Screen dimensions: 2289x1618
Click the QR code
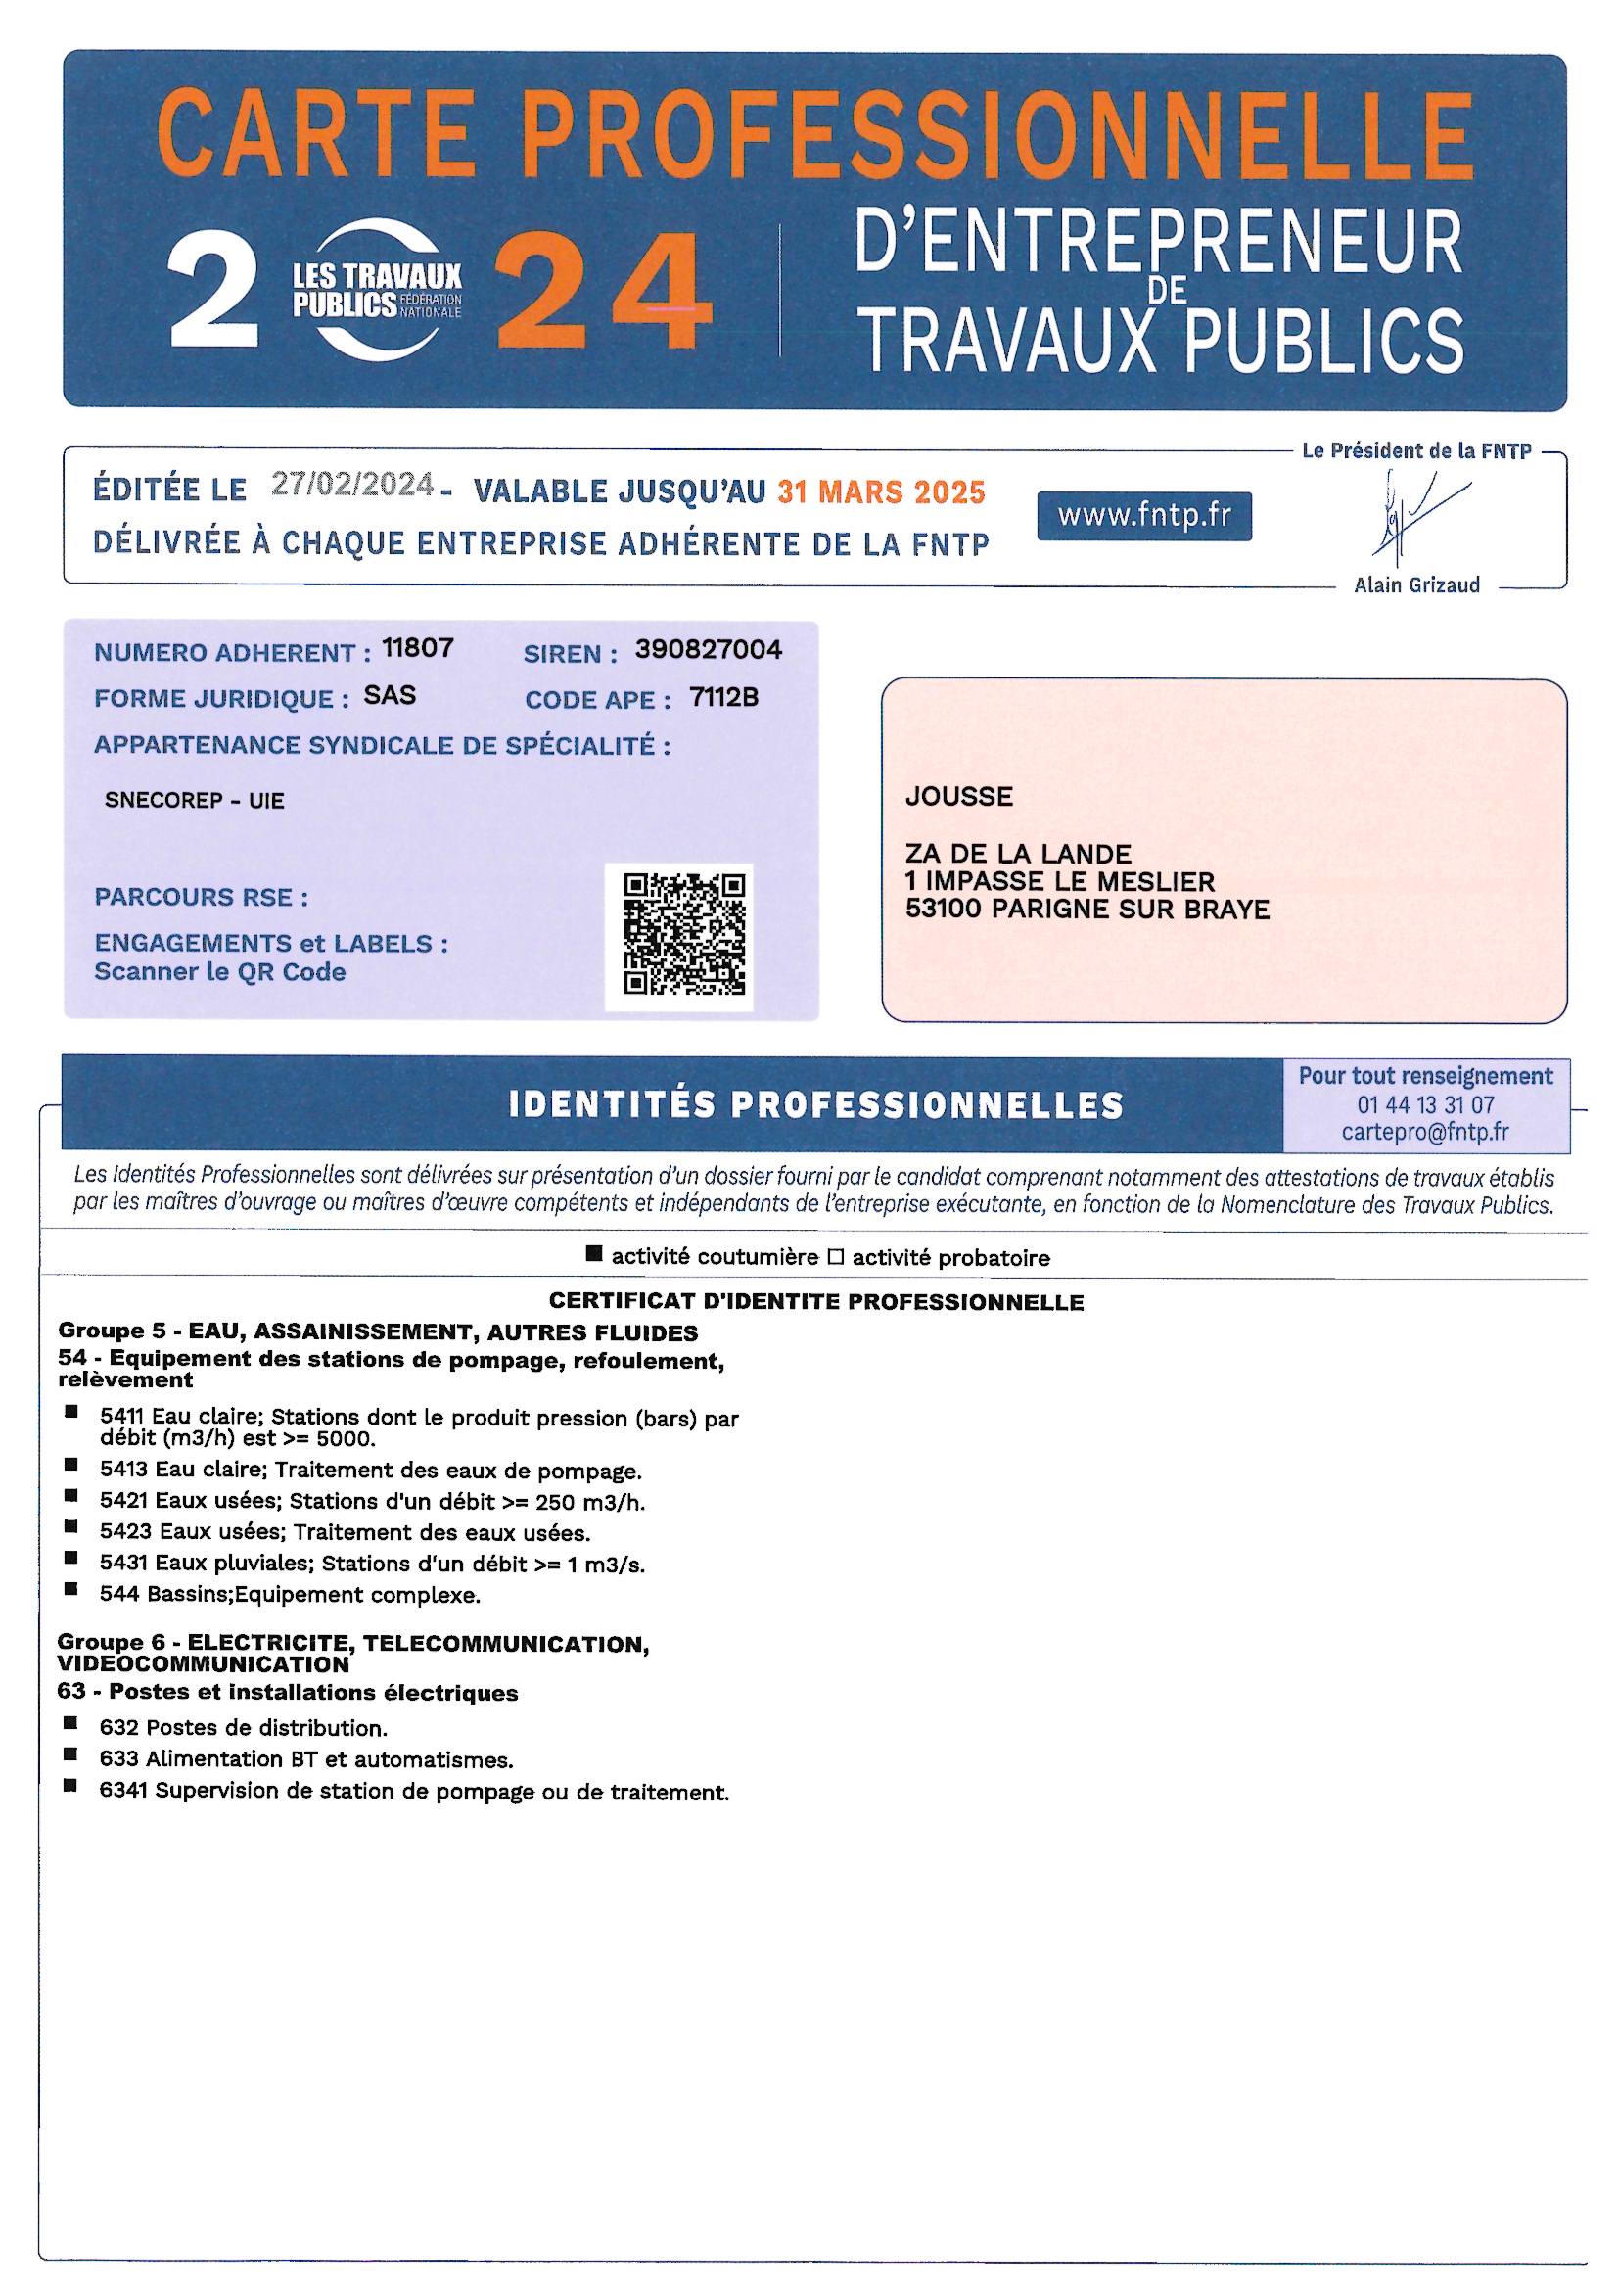tap(684, 934)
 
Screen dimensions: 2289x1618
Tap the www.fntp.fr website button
tap(1143, 516)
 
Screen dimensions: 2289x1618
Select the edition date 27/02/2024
tap(353, 485)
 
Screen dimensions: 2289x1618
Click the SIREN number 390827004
tap(708, 650)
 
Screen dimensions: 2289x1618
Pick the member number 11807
tap(418, 648)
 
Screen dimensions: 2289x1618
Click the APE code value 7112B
tap(723, 698)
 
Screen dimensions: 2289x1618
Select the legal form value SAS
tap(390, 695)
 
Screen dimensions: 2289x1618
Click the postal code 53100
tap(933, 910)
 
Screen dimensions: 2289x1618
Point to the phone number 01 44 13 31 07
tap(1425, 1104)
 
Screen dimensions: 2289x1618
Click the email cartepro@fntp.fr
tap(1425, 1132)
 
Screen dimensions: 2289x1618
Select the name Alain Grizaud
tap(1416, 585)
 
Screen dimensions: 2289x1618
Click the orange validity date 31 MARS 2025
tap(881, 491)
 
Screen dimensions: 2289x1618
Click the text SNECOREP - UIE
tap(195, 801)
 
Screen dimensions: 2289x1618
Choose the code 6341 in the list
tap(122, 1792)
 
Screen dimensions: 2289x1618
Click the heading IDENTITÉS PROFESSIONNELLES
tap(815, 1105)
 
